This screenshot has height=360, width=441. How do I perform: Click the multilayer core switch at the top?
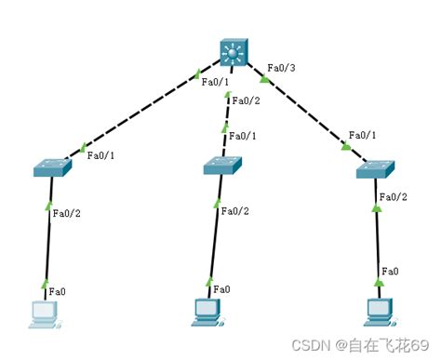click(x=232, y=54)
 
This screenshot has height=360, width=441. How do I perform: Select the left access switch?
click(x=52, y=168)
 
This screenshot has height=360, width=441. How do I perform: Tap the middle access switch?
click(x=223, y=166)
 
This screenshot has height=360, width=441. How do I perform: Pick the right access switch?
click(x=377, y=169)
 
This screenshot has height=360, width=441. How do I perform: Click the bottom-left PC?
click(x=43, y=313)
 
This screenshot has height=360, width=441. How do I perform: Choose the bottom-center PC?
click(x=206, y=312)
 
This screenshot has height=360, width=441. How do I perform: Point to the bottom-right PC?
click(x=377, y=312)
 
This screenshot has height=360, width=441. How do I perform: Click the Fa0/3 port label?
click(x=282, y=68)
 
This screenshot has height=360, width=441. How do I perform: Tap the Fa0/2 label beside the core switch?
click(x=247, y=100)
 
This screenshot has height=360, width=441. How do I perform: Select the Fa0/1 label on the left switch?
click(x=101, y=155)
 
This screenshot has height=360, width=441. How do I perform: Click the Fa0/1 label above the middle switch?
click(x=243, y=136)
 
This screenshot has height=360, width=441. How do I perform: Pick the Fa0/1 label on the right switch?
click(x=363, y=135)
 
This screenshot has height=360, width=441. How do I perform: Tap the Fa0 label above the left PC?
click(x=56, y=291)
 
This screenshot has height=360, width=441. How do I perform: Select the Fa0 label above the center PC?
click(x=222, y=289)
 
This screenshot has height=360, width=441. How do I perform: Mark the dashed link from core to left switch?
click(x=140, y=113)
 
